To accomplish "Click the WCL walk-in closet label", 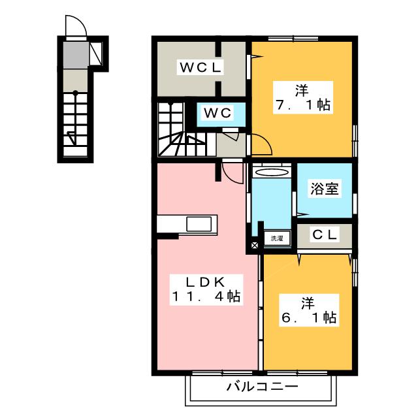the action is coord(201,67).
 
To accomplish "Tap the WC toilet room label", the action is coord(217,113).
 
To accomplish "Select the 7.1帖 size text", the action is coord(303,104).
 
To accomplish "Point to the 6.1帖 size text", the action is coord(309,317).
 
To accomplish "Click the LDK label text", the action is coord(206,281).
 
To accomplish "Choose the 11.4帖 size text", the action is coord(206,297).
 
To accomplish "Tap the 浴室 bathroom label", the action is coord(325,189).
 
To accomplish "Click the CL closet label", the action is coord(325,234).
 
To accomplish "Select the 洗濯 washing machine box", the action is coord(277,238).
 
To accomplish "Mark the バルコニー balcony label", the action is coord(262,386).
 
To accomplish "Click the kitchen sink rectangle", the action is coord(199,223).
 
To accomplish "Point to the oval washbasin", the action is coord(272,172).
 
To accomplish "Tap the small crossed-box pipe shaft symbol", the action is coord(255,245).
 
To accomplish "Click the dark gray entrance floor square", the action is coord(76,55).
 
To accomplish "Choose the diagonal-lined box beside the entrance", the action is coord(95,54).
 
